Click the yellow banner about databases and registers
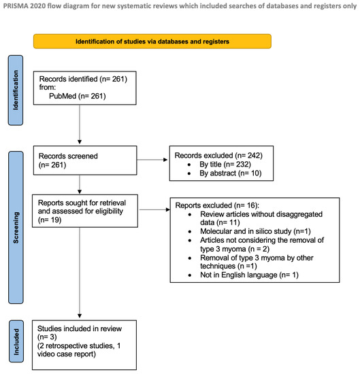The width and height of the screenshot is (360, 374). pyautogui.click(x=152, y=41)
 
